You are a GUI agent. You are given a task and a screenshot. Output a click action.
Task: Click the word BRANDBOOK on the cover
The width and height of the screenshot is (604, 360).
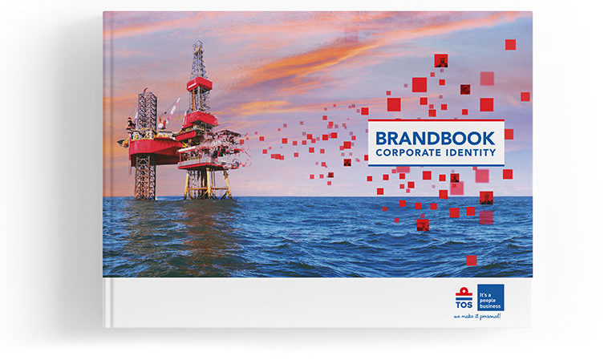(435, 139)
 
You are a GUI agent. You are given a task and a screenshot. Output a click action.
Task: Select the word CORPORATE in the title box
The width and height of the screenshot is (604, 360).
(408, 153)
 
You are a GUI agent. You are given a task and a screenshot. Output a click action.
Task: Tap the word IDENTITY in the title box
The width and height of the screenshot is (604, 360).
(471, 153)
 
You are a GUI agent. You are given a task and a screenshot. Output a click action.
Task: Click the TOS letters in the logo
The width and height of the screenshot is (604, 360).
(464, 305)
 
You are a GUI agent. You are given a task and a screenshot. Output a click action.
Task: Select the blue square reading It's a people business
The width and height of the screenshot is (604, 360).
(490, 297)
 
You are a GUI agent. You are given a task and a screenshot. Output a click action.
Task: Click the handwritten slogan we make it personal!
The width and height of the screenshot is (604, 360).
(477, 316)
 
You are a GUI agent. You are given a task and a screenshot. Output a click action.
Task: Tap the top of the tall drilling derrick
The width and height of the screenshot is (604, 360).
(198, 42)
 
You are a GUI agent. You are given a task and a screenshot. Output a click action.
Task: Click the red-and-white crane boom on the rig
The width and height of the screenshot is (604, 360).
(169, 113)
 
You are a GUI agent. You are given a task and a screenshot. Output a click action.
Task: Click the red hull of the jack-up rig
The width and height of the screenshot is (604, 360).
(153, 150)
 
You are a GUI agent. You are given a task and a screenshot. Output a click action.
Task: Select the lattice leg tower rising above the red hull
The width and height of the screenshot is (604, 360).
(147, 111)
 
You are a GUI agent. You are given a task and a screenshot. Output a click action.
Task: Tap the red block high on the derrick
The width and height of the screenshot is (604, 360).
(200, 84)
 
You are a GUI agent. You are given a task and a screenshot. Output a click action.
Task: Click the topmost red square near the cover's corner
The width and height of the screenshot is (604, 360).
(510, 45)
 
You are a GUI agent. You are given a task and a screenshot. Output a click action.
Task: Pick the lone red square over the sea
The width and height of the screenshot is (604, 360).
(472, 261)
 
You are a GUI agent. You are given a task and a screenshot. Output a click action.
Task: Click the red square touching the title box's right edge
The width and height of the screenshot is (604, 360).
(509, 134)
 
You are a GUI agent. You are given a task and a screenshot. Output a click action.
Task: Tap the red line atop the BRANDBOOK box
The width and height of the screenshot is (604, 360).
(436, 120)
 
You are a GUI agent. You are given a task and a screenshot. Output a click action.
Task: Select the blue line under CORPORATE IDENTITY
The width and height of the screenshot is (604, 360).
(436, 165)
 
